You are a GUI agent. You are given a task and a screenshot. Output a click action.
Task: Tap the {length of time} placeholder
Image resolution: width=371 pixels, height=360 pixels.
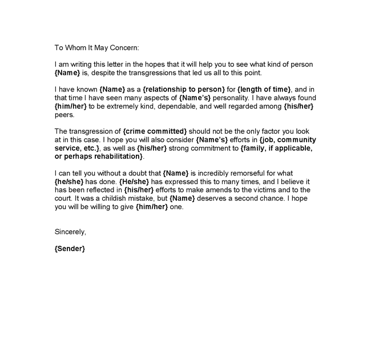264,89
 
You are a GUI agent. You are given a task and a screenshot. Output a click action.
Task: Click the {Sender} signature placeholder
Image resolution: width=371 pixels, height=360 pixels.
70,249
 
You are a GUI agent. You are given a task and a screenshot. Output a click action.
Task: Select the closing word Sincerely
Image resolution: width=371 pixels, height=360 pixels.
70,231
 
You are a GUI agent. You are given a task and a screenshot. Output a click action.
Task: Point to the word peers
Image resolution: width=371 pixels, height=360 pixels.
63,115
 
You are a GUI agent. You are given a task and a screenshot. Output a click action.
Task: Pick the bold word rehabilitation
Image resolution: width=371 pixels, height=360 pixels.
115,157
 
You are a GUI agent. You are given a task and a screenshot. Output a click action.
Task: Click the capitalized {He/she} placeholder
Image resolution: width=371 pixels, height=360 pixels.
135,182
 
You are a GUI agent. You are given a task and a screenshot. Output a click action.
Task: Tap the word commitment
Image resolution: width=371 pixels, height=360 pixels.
207,148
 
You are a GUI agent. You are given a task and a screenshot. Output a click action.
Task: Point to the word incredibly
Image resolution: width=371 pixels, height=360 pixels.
222,173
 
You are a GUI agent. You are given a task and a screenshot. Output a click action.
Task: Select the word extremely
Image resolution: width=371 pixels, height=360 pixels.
110,106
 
